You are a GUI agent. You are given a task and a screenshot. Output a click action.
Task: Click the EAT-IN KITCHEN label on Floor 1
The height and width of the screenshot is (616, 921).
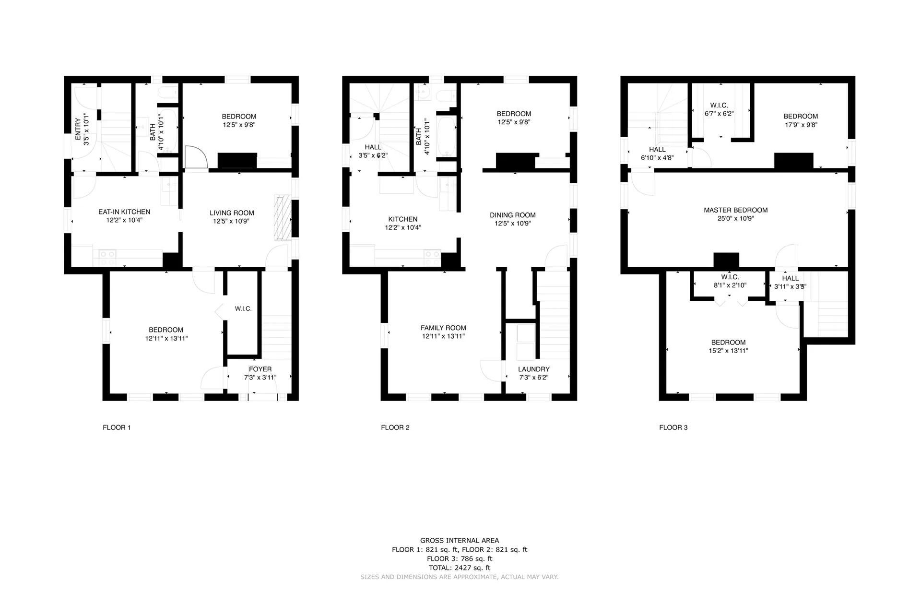[124, 212]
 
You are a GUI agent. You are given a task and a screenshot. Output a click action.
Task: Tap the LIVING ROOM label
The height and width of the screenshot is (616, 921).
[232, 213]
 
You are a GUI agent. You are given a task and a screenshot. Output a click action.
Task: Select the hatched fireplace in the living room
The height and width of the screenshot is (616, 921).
[283, 217]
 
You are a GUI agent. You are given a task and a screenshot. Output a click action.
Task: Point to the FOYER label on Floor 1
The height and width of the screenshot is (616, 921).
[260, 369]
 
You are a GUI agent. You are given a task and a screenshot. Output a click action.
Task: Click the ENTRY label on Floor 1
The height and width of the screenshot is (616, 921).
[78, 129]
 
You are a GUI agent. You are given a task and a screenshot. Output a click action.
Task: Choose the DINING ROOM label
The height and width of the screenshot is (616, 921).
[513, 215]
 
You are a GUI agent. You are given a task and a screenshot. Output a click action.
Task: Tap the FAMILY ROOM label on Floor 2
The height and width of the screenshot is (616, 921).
[443, 328]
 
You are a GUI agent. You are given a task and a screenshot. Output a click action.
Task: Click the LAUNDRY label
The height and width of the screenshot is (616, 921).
[534, 369]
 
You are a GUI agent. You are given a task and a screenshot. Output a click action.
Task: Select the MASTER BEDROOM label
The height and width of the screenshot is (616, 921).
[736, 210]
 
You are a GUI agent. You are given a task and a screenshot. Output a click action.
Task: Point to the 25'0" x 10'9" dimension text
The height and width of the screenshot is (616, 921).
[736, 219]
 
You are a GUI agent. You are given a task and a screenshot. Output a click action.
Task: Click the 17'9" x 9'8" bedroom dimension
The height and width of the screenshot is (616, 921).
[801, 125]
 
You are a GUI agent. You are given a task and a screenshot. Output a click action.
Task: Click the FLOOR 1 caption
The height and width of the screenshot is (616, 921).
[117, 427]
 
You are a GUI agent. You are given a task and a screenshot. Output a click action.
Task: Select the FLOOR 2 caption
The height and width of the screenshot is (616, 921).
[395, 427]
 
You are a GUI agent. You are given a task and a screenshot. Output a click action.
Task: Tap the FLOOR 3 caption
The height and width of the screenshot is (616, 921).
[673, 427]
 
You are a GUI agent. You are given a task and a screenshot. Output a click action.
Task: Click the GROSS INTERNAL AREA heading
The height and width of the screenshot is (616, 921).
[460, 541]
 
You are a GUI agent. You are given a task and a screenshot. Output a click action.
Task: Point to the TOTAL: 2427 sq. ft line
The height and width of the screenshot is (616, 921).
[460, 568]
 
